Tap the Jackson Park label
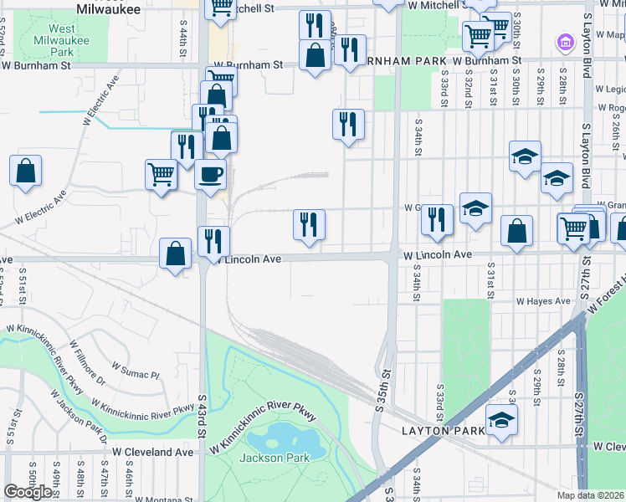(x=275, y=458)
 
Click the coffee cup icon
(x=210, y=174)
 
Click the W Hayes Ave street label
(x=543, y=301)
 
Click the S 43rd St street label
(x=203, y=415)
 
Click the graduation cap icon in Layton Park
(x=501, y=419)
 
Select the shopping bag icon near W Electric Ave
(x=26, y=171)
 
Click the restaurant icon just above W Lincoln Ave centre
(x=309, y=223)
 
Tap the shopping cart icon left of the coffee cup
(x=161, y=174)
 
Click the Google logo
(x=28, y=492)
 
